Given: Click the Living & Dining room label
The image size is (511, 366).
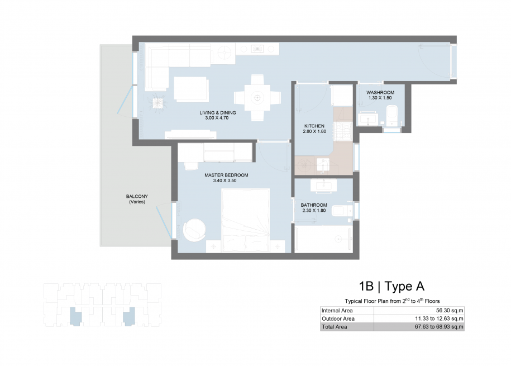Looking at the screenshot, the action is [218, 113].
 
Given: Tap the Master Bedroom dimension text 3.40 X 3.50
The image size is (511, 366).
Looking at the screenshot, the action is [225, 180].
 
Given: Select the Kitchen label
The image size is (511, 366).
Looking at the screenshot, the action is [314, 126].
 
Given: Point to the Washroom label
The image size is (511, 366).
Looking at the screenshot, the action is [380, 93].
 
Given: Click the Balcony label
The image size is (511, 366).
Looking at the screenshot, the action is [137, 196].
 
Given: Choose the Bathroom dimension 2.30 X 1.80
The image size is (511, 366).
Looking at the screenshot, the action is [314, 211].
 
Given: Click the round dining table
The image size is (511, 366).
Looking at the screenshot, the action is [257, 98].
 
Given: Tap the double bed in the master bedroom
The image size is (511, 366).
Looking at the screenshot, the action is [245, 221].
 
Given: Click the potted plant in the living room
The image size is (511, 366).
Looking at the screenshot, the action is [158, 103].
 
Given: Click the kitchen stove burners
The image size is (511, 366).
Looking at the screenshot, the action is [342, 131].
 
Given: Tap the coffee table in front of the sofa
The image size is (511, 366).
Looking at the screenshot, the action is [191, 89].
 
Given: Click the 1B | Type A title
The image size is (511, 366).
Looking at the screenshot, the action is [391, 287].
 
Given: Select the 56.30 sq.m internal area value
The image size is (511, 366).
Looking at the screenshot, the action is [450, 311].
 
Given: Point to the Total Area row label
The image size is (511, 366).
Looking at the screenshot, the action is [335, 327].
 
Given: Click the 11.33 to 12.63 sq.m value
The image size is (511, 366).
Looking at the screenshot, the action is [439, 319].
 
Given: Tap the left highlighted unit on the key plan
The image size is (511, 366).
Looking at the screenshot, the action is [75, 316].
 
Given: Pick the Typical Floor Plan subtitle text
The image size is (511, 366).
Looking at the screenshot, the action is [392, 301].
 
